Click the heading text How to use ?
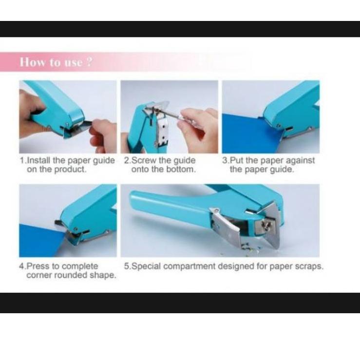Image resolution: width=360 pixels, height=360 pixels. (x=56, y=62)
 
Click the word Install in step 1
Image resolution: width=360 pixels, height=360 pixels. (x=39, y=160)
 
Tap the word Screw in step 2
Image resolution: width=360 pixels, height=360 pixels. (x=144, y=160)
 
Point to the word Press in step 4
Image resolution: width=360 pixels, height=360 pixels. (x=38, y=266)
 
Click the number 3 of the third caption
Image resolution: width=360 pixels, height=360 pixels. (x=225, y=160)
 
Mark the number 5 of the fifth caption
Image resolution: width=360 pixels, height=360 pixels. (x=127, y=266)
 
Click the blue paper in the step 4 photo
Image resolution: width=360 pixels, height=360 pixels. (x=41, y=241)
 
